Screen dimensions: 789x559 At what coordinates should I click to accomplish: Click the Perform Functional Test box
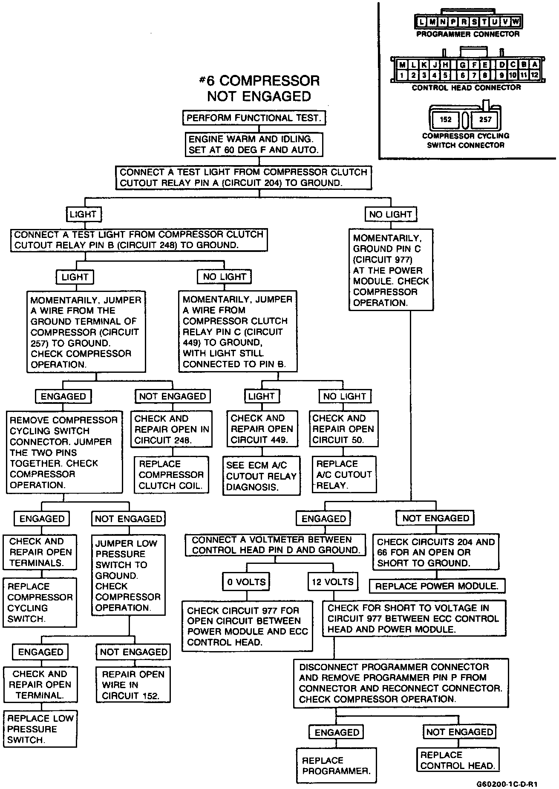254,118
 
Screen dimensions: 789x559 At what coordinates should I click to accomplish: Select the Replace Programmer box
336,766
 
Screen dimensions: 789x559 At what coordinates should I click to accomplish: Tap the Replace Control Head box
458,760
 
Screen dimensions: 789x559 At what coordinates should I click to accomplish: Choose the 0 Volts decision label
247,582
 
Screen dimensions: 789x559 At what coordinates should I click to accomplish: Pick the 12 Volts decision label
333,582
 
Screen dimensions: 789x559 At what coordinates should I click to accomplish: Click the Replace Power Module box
437,586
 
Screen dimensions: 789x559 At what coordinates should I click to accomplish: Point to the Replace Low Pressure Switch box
40,729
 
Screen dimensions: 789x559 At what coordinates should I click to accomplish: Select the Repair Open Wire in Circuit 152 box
133,685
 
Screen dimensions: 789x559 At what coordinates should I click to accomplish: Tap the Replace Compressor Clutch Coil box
171,475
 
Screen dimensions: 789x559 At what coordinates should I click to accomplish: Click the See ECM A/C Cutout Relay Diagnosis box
261,476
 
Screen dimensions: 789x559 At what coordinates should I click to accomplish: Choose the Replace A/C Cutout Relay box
344,475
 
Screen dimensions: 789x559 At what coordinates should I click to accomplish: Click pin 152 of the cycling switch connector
445,119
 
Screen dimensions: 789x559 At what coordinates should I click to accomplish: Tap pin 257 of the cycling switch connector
485,119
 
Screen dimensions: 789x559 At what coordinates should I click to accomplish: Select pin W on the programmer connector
516,21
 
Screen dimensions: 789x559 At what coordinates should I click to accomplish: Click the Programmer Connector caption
468,34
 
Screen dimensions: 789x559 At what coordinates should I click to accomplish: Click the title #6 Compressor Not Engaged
259,88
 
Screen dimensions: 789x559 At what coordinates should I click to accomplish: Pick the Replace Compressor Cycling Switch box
40,602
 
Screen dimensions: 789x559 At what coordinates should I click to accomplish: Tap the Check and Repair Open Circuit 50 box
343,429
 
